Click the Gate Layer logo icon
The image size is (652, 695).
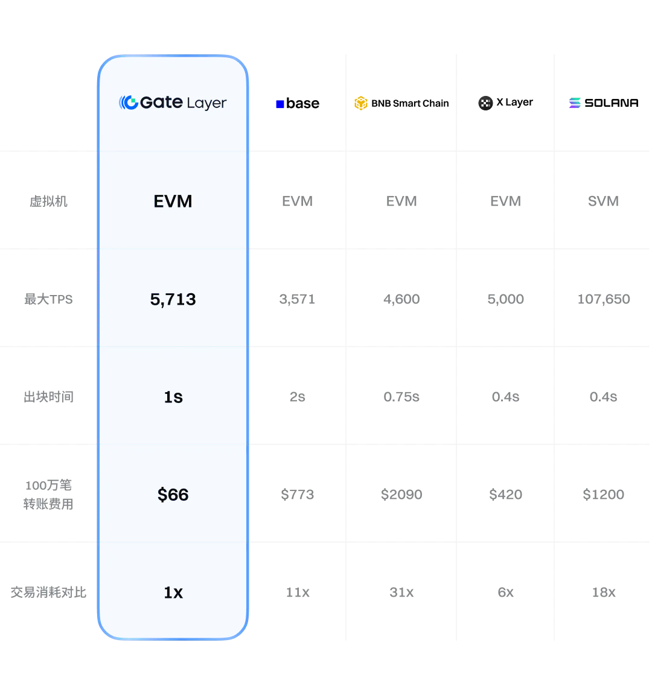point(127,103)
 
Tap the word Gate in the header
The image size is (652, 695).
point(161,103)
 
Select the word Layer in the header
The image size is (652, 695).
point(206,103)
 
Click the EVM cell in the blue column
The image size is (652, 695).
point(173,201)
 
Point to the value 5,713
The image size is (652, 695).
point(173,299)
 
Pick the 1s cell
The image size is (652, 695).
point(173,397)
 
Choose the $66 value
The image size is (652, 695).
point(173,495)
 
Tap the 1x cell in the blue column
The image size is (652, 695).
point(173,592)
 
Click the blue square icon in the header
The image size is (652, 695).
point(280,104)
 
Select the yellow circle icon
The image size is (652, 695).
point(361,104)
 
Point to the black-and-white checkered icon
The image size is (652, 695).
point(485,103)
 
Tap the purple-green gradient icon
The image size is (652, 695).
point(574,104)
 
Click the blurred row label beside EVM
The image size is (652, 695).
point(48,200)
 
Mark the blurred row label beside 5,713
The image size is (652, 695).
point(48,299)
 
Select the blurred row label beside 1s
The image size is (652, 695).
point(50,397)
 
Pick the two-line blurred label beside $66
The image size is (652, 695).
point(46,495)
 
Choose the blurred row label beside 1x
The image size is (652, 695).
point(48,592)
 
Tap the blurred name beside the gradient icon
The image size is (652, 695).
point(615,104)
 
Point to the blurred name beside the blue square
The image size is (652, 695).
point(305,104)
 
